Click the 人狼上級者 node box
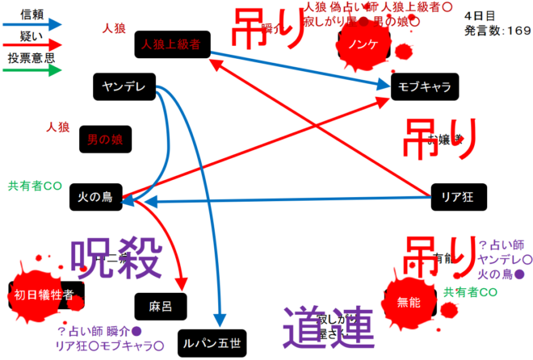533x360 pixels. click(174, 44)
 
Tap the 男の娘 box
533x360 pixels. click(105, 140)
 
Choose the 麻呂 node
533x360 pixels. click(161, 304)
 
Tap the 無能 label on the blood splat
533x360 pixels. click(410, 303)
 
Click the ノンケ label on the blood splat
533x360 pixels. click(363, 45)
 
